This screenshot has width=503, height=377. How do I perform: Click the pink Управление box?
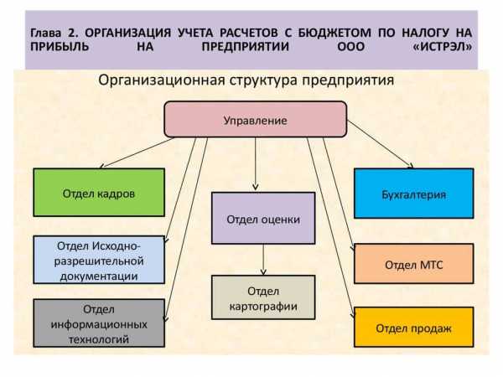256,120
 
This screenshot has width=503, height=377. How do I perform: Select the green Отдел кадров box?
99,193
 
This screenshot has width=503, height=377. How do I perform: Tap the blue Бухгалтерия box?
414,194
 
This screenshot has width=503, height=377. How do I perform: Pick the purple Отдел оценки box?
263,218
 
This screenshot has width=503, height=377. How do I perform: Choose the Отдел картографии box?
263,297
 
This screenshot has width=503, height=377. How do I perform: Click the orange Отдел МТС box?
414,264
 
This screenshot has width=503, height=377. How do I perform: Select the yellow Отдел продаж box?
414,327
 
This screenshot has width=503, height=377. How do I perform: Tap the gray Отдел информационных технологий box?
99,323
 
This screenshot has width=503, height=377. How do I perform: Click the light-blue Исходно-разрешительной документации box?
99,260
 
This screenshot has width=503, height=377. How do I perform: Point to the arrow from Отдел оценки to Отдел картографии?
263,260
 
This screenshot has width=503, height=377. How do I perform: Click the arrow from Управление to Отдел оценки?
256,164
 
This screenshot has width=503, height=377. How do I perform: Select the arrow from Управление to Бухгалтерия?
380,144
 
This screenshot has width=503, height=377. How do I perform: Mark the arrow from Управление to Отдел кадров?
137,152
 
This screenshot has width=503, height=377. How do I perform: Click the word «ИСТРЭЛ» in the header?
443,47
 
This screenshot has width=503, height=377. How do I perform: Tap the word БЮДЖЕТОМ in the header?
334,33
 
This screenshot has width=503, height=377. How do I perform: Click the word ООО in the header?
351,47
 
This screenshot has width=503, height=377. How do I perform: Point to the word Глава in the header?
45,33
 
